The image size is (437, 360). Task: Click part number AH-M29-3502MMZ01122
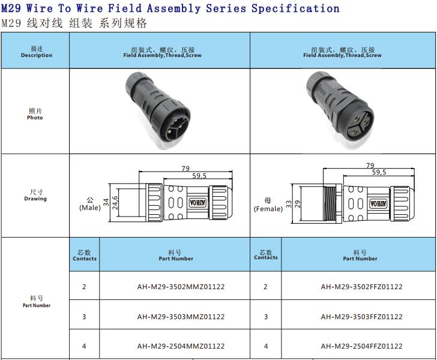pyautogui.click(x=181, y=287)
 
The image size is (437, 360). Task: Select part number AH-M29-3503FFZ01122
pyautogui.click(x=361, y=317)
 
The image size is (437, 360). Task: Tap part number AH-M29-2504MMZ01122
pyautogui.click(x=181, y=346)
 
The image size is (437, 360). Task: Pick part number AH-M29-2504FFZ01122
pyautogui.click(x=361, y=346)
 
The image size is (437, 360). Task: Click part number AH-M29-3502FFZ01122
pyautogui.click(x=361, y=287)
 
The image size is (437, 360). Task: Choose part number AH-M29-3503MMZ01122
pyautogui.click(x=181, y=317)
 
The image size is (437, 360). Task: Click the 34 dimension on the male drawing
pyautogui.click(x=106, y=202)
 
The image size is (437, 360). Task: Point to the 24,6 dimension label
pyautogui.click(x=115, y=203)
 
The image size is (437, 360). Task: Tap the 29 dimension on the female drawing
pyautogui.click(x=298, y=204)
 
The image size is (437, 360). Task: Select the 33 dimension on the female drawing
pyautogui.click(x=289, y=204)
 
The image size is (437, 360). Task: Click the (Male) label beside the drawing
pyautogui.click(x=90, y=208)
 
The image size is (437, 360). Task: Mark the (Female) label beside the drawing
pyautogui.click(x=268, y=209)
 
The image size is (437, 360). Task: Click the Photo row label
pyautogui.click(x=35, y=118)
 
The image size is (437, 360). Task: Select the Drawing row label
pyautogui.click(x=35, y=199)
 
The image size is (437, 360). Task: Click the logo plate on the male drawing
pyautogui.click(x=197, y=202)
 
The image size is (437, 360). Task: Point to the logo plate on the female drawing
pyautogui.click(x=378, y=203)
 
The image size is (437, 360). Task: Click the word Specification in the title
pyautogui.click(x=295, y=8)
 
